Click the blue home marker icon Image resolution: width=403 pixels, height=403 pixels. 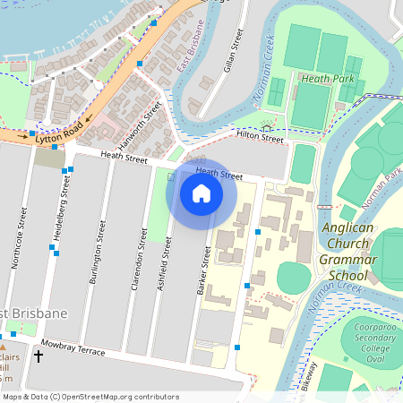(x=201, y=193)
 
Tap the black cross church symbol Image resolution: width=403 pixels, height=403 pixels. (x=38, y=356)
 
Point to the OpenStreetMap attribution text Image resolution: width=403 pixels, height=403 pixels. (x=90, y=397)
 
